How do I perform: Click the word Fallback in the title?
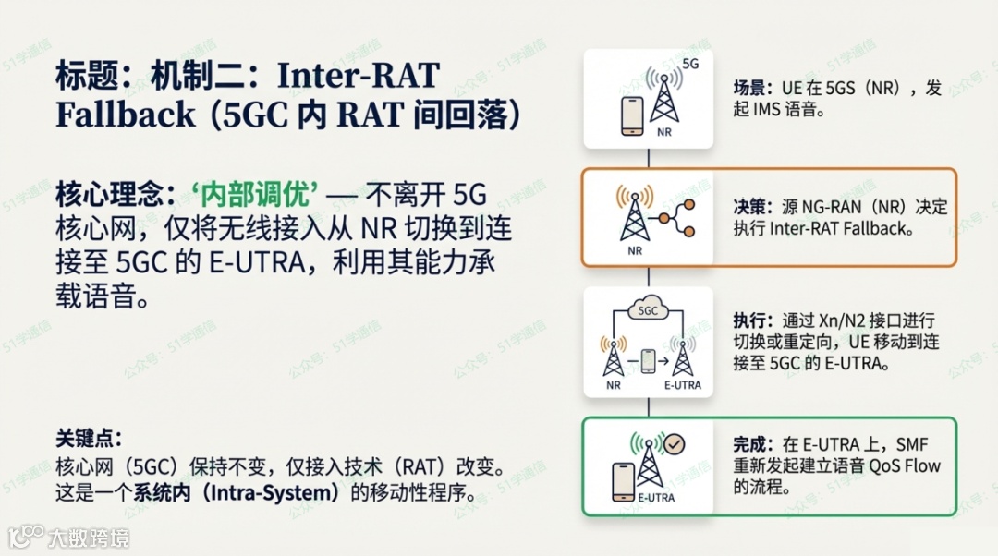point(126,114)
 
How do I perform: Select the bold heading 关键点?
point(89,438)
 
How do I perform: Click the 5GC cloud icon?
point(649,310)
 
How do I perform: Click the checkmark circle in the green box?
point(675,444)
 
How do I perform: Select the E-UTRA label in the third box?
point(683,385)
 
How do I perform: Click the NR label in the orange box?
point(635,250)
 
